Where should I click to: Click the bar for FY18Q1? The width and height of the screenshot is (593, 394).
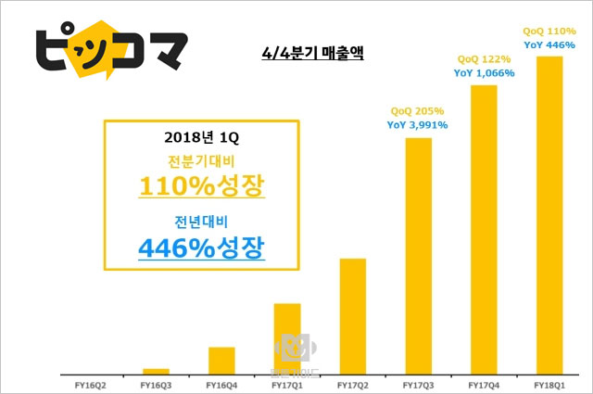tap(550, 213)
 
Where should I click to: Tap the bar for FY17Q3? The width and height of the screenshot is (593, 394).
tap(419, 255)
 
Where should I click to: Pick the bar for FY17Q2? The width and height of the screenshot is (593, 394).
tap(353, 315)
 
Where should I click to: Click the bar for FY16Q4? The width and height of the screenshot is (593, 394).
tap(221, 360)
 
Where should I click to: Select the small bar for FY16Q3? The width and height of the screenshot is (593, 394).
tap(156, 370)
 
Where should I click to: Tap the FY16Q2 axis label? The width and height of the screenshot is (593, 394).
tap(90, 383)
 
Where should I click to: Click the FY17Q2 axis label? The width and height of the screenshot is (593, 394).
tap(353, 383)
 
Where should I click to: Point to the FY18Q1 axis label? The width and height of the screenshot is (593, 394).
tap(550, 383)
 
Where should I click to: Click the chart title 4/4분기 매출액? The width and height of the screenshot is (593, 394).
tap(312, 55)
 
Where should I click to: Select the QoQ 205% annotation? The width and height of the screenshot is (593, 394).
tap(419, 110)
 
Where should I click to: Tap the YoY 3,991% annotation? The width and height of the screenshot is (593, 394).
tap(419, 124)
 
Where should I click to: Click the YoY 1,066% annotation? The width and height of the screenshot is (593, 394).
tap(485, 72)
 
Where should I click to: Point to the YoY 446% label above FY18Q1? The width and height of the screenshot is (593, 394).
tap(550, 44)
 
